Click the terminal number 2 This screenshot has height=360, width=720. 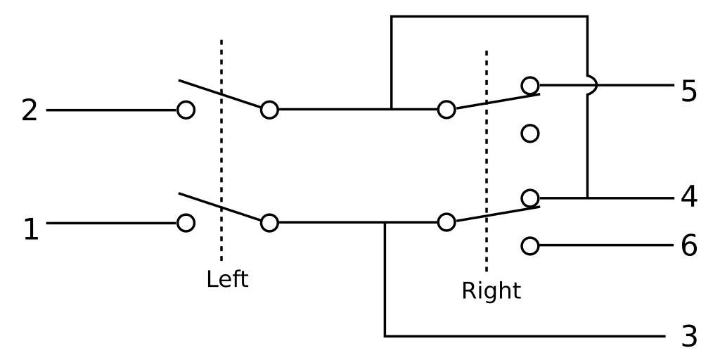click(x=29, y=110)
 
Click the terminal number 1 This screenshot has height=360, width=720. click(x=30, y=229)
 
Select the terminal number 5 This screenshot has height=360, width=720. click(x=689, y=91)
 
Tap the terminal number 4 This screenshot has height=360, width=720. click(x=689, y=197)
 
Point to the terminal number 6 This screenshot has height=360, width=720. click(x=689, y=245)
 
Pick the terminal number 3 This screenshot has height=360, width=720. click(x=689, y=336)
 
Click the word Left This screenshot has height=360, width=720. click(x=227, y=279)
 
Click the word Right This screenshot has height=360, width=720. click(x=491, y=290)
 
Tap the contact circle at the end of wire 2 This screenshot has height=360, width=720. click(x=186, y=110)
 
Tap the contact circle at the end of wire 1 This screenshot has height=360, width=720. click(x=186, y=223)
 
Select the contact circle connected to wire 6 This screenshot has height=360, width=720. click(x=530, y=245)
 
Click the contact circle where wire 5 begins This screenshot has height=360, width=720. click(x=530, y=86)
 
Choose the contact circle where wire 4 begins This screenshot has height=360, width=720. click(x=530, y=198)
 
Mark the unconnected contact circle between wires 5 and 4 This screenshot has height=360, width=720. click(x=530, y=133)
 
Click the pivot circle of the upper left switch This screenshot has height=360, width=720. click(x=269, y=110)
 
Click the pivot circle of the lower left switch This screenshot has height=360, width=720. click(x=269, y=223)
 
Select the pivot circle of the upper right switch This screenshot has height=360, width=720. click(x=446, y=110)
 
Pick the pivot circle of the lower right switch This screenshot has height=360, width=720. click(x=446, y=223)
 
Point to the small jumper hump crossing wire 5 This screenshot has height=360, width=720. click(x=593, y=86)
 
